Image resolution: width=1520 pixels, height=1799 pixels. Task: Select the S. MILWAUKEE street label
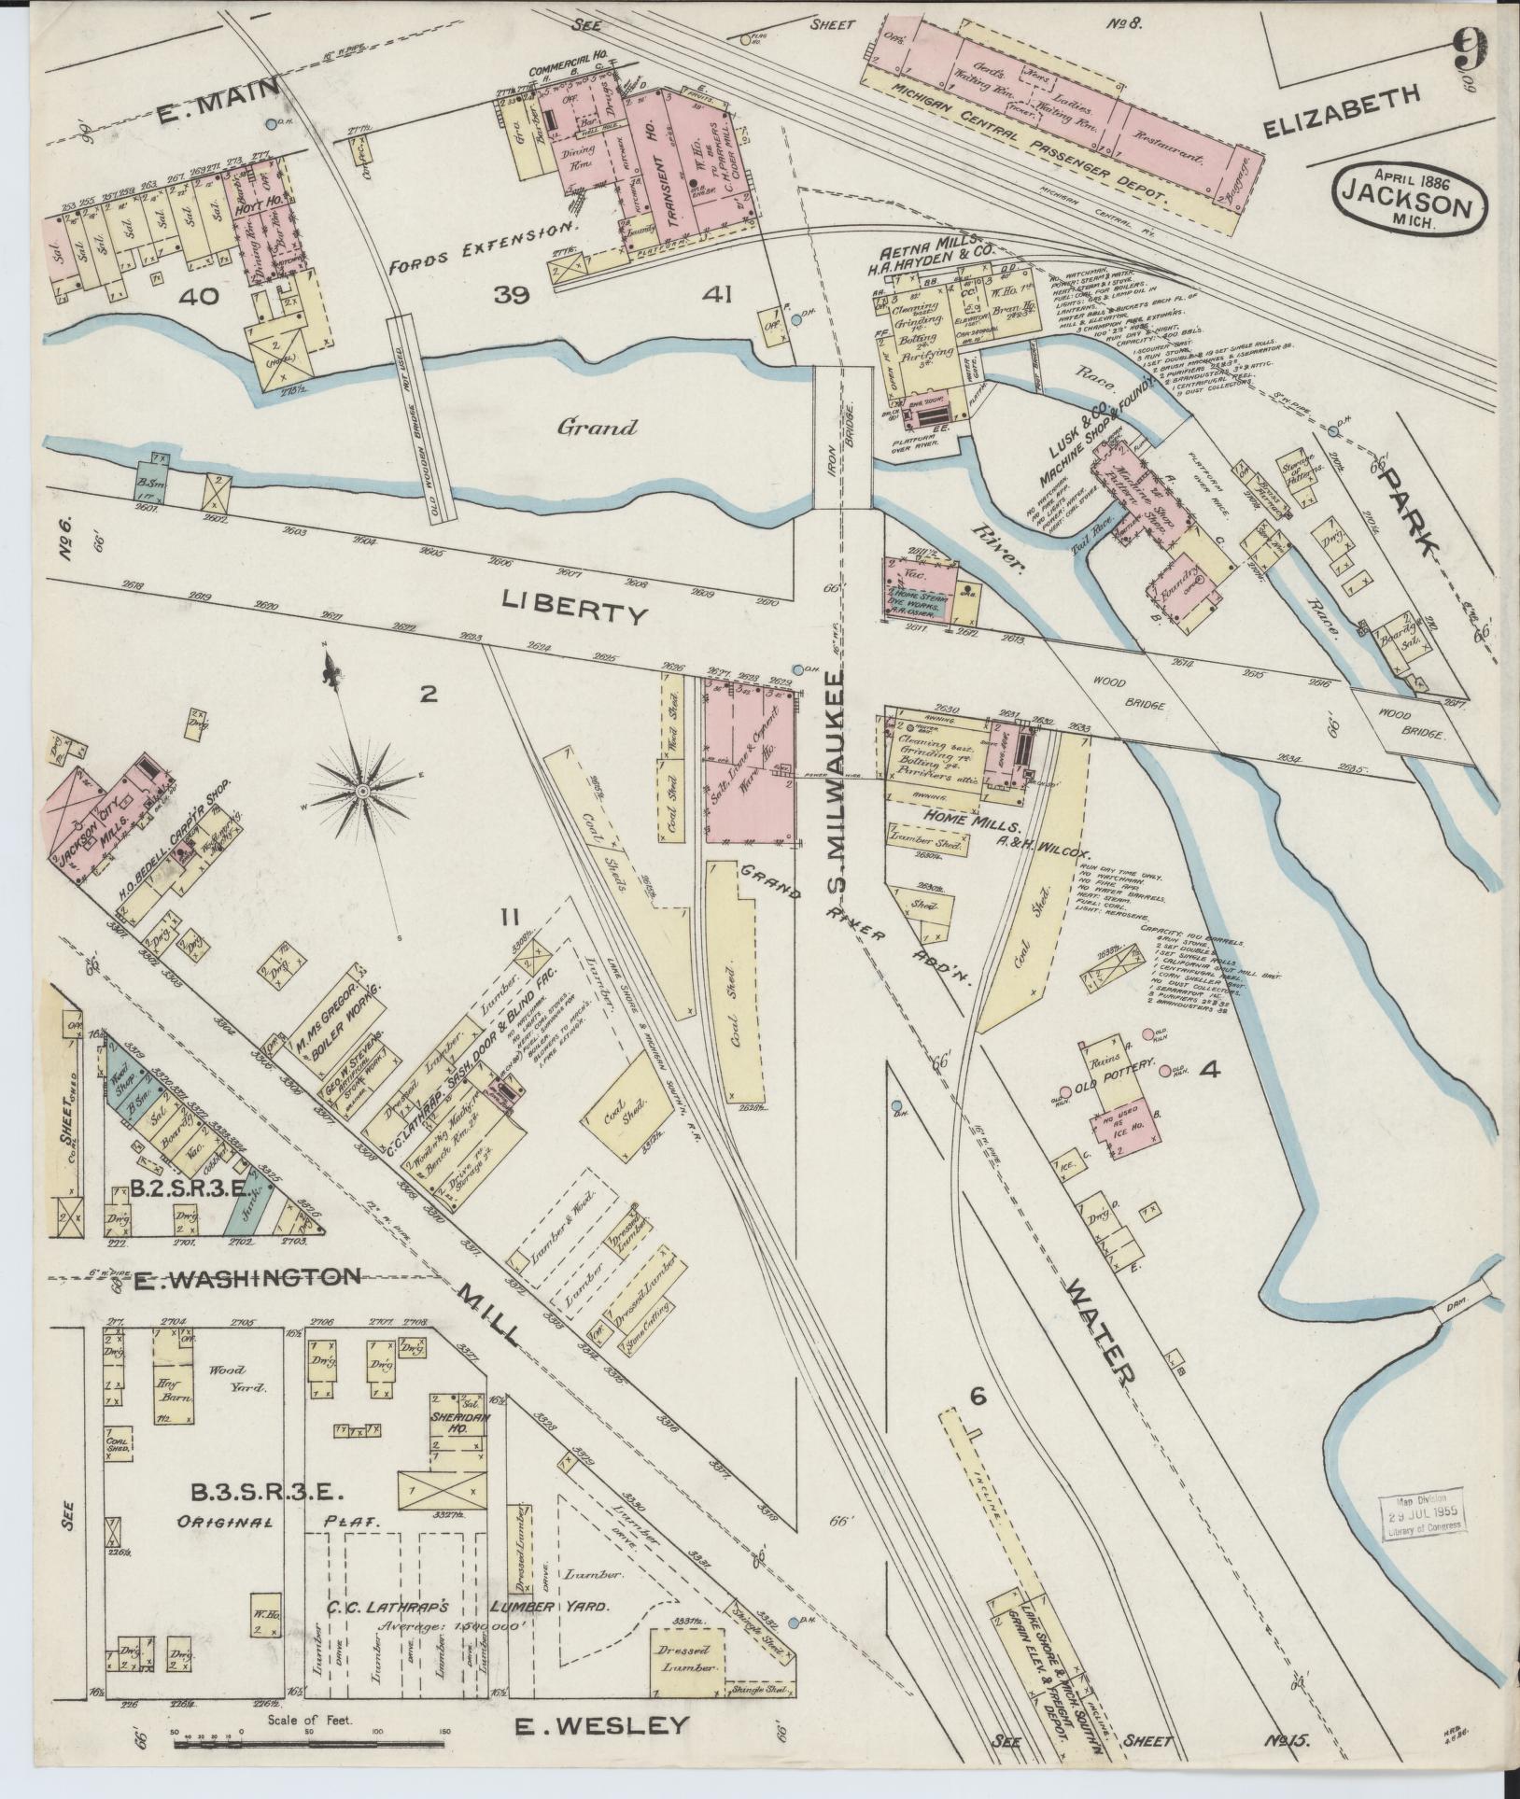tap(838, 794)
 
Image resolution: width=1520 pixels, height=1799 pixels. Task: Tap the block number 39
tap(513, 297)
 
